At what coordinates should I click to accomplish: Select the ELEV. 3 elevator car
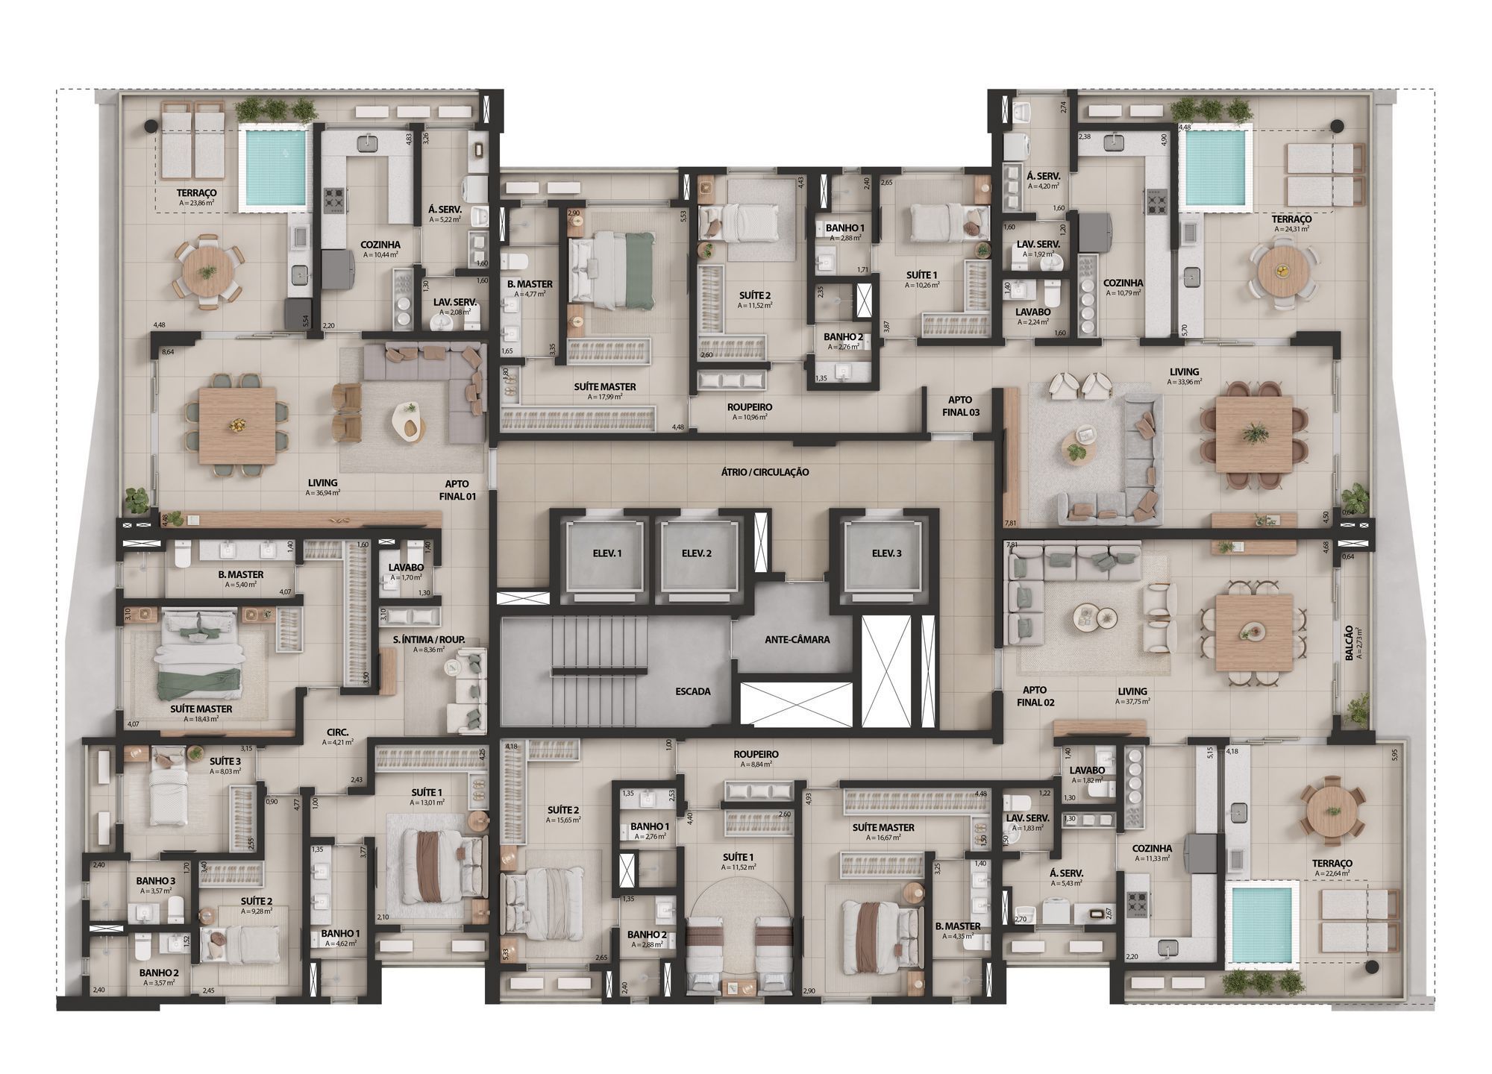(886, 553)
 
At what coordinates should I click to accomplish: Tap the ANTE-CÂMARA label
(797, 639)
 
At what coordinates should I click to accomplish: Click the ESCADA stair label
(692, 691)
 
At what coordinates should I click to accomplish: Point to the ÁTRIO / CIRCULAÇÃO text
(765, 472)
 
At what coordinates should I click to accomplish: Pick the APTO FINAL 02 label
(1035, 696)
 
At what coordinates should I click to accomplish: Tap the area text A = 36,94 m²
(322, 493)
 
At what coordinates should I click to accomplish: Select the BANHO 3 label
(155, 881)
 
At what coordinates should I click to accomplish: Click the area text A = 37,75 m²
(1132, 702)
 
